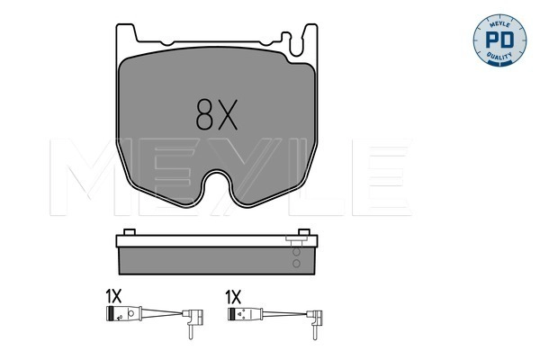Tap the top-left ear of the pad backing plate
tap(127, 33)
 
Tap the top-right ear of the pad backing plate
tap(310, 33)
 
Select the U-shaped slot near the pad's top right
tap(287, 40)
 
